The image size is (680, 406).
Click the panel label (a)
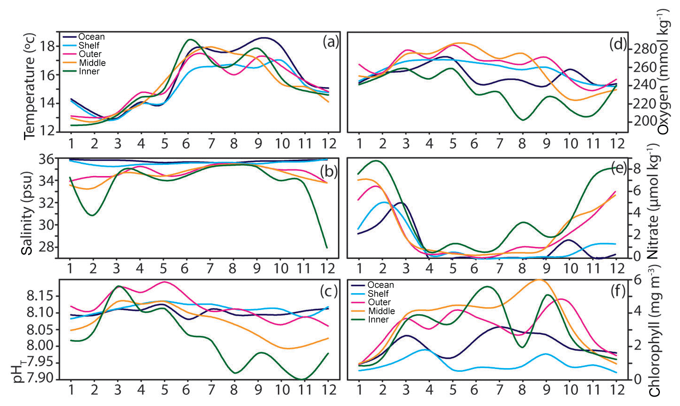point(330,43)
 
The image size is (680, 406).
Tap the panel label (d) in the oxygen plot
point(618,44)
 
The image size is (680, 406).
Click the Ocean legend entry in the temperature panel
point(91,37)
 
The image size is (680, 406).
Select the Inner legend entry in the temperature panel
point(89,71)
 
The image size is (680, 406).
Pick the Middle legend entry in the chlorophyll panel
point(381,311)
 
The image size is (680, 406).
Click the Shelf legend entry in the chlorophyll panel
point(379,294)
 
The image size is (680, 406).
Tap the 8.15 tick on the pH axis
point(42,296)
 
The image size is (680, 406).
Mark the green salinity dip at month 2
point(93,215)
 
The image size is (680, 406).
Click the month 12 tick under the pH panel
point(327,390)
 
